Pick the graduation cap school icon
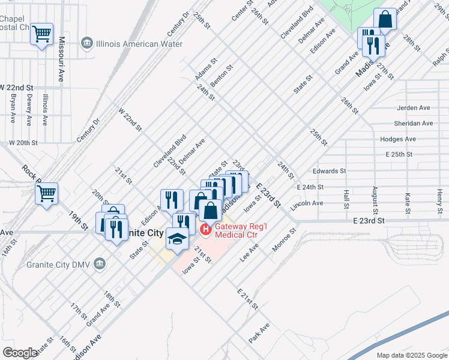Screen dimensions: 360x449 (177, 239)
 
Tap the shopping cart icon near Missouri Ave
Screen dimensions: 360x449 (42, 34)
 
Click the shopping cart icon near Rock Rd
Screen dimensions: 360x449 (46, 194)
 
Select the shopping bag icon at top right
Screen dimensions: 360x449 (385, 20)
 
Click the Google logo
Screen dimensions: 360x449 (20, 353)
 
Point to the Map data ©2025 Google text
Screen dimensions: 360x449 (411, 355)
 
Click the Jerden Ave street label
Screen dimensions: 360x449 (414, 108)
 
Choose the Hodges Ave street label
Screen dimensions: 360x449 (415, 139)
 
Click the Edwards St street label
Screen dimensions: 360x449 (330, 171)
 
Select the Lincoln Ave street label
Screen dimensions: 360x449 (307, 203)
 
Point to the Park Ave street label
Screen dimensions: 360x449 (259, 333)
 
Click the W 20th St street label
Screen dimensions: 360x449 (23, 143)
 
